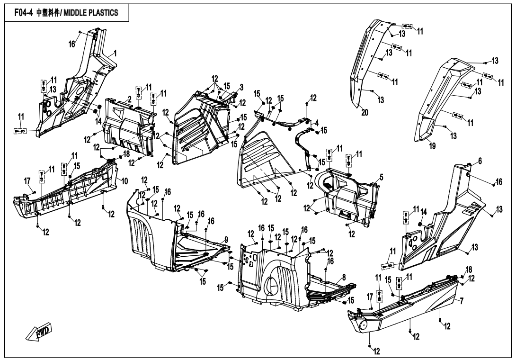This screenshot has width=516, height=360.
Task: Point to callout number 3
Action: [241, 87]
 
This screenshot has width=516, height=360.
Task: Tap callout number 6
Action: [480, 161]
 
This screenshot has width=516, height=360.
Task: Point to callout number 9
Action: [226, 240]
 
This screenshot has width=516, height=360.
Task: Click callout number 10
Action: [125, 181]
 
